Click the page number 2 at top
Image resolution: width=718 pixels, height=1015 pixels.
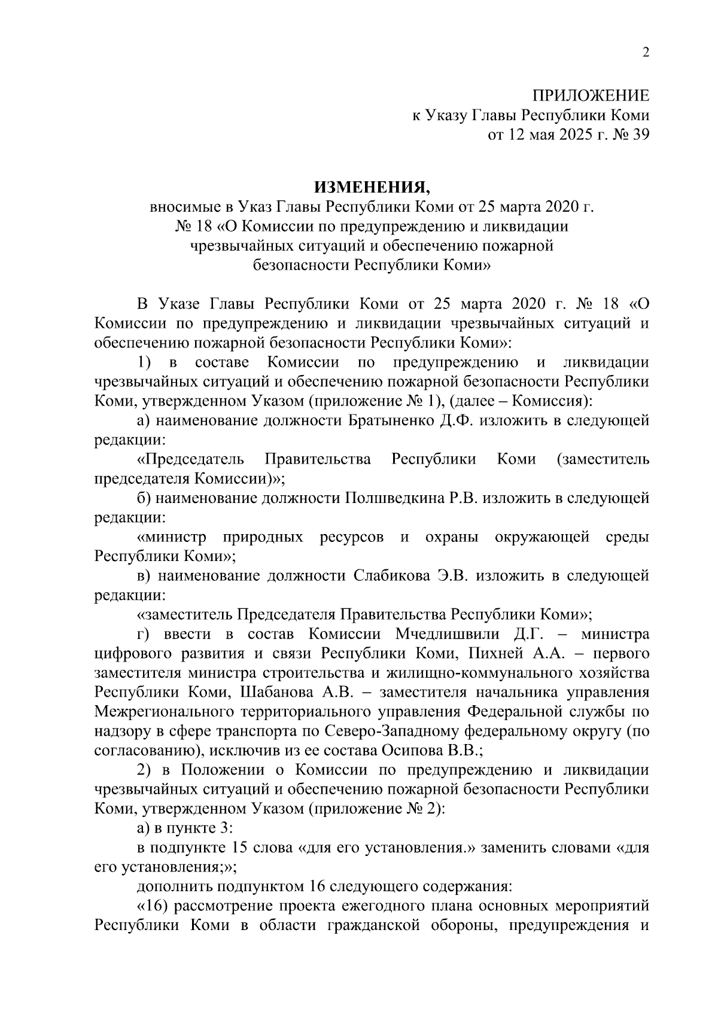pyautogui.click(x=645, y=53)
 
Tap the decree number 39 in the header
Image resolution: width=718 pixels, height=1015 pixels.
pyautogui.click(x=640, y=135)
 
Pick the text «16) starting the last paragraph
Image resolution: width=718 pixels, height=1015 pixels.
pyautogui.click(x=154, y=905)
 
